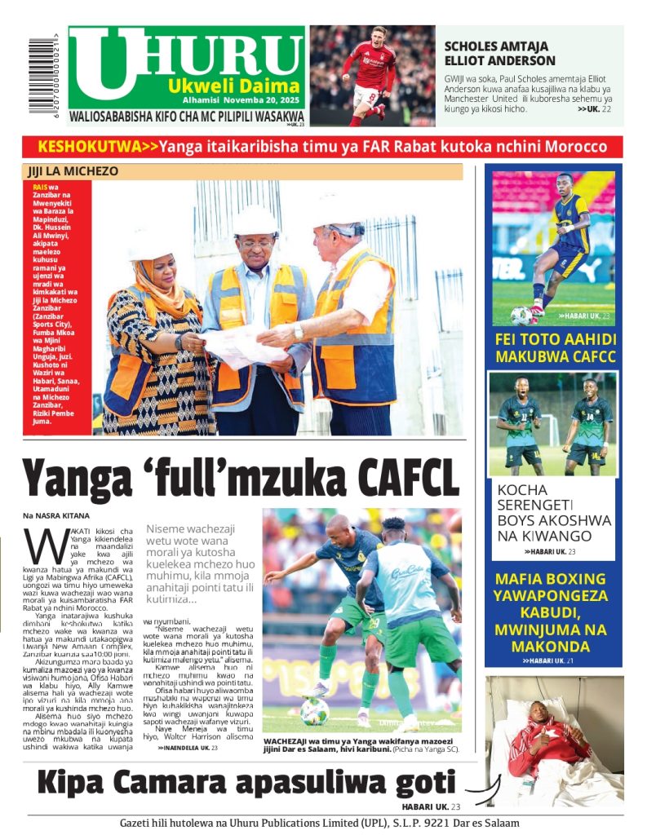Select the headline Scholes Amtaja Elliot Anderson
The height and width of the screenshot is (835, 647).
(499, 53)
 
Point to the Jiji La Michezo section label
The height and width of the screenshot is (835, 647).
(73, 172)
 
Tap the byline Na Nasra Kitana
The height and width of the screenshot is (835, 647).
(55, 516)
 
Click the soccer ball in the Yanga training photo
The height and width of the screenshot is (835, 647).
(315, 712)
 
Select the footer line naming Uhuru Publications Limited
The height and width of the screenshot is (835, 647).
(319, 823)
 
